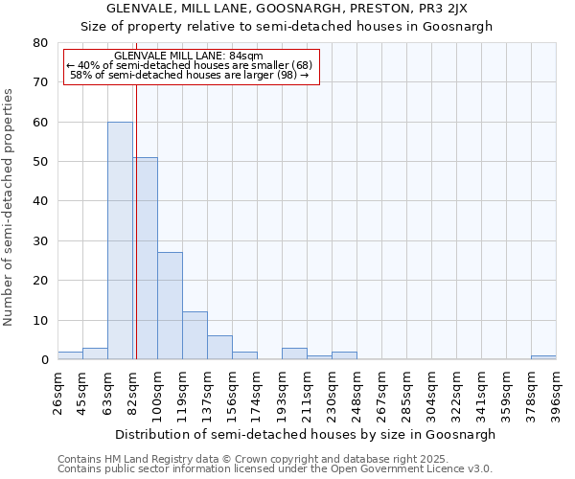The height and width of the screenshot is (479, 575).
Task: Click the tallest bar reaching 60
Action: [120, 240]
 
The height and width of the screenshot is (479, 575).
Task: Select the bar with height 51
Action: [146, 259]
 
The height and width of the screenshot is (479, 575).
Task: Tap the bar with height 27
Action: [170, 306]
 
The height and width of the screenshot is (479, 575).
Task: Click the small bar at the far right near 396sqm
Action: [543, 357]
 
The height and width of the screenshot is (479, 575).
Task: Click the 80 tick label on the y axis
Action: [40, 43]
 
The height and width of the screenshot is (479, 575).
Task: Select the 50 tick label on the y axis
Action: [40, 162]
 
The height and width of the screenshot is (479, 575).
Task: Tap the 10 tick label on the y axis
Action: [40, 320]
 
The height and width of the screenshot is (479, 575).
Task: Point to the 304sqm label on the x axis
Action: [431, 388]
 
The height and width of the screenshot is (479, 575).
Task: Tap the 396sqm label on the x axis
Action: [556, 388]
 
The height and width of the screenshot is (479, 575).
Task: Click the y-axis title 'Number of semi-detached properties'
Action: [9, 206]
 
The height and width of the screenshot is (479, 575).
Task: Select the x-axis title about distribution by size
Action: [306, 434]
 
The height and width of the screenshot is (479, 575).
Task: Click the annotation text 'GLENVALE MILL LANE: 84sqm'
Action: [189, 56]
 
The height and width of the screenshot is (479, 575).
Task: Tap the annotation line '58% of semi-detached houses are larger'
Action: [189, 75]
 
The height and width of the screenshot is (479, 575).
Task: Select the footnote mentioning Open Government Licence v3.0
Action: [274, 468]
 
